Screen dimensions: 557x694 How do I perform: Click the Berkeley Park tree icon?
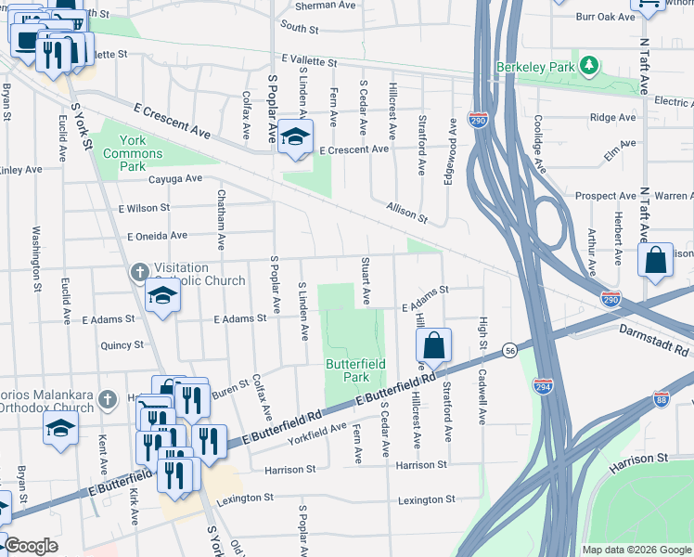click(587, 65)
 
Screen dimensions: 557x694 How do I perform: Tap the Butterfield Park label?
click(355, 370)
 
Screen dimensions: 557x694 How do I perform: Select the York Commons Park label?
click(126, 153)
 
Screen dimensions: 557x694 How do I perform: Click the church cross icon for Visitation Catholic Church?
click(139, 272)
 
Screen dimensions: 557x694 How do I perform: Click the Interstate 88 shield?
click(661, 397)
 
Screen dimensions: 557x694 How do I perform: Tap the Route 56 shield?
click(510, 349)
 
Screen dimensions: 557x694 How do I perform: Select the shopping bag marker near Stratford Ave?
click(433, 347)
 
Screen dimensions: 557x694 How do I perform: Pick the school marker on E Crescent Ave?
click(295, 137)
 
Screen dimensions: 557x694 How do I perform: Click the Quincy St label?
click(122, 344)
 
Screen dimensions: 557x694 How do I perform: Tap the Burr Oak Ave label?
click(604, 17)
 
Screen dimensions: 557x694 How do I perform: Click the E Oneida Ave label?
click(157, 236)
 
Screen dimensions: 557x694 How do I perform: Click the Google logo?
click(31, 546)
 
